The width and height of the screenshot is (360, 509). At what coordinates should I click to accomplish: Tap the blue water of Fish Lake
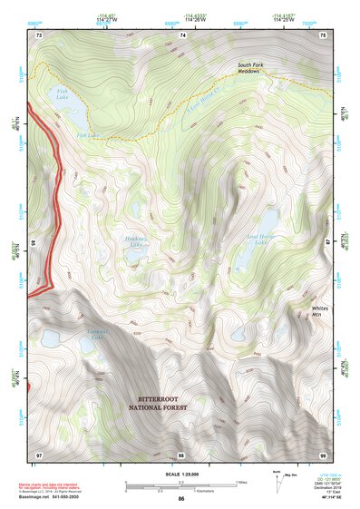coord(74,117)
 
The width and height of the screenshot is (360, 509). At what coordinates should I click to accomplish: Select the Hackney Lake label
coord(136,242)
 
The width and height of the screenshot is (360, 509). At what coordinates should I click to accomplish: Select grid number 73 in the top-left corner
coord(39,34)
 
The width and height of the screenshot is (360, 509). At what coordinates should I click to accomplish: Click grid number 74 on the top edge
coord(184,34)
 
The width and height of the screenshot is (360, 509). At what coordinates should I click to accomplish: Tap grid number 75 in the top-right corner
coord(326,34)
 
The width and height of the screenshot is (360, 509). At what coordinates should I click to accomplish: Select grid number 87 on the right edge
coord(328,243)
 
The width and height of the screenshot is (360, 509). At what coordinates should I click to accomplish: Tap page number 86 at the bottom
coord(181,499)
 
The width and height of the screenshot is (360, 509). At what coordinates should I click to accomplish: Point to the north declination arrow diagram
coord(275,483)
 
